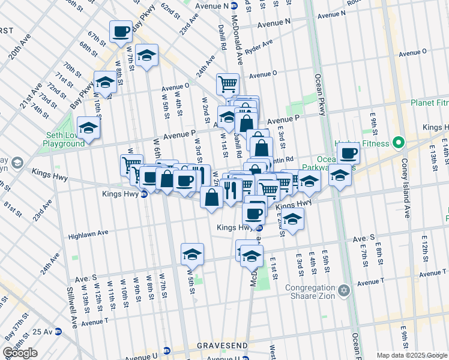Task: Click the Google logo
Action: (20, 353)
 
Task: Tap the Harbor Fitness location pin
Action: (397, 143)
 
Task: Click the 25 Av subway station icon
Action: (58, 331)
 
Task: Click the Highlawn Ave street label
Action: (88, 233)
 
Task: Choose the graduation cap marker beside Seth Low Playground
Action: (89, 127)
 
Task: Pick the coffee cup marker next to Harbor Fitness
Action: (348, 152)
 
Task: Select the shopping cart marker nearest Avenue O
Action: (228, 83)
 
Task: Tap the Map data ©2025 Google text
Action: (412, 355)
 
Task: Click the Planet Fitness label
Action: (430, 103)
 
